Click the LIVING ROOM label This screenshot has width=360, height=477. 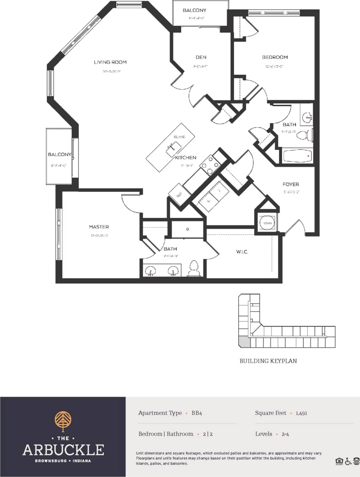[x=110, y=62]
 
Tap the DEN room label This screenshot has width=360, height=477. [x=201, y=58]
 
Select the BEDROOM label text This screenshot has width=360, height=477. [x=275, y=58]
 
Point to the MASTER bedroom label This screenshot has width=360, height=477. [x=99, y=227]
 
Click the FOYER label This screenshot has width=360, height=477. [x=291, y=184]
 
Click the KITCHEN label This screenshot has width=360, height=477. [x=185, y=158]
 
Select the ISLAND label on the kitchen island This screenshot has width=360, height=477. [x=179, y=137]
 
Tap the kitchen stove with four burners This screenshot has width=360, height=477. [x=211, y=164]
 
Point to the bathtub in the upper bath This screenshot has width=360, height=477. [x=297, y=156]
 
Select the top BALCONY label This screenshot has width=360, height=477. [x=194, y=10]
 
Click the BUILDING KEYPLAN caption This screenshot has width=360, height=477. [x=268, y=361]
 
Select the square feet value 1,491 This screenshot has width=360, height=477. [x=301, y=413]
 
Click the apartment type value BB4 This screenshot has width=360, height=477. [x=197, y=413]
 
